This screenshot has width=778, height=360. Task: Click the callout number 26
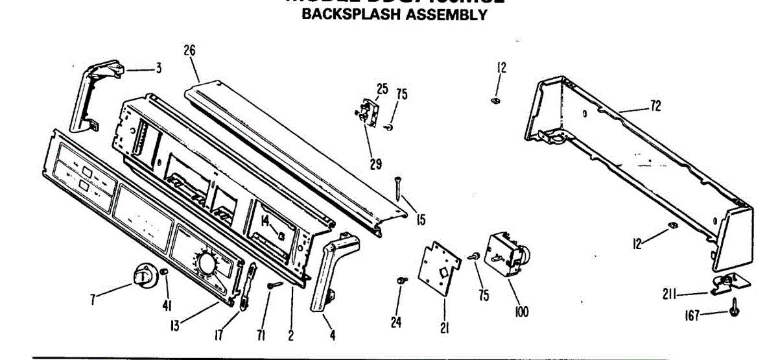coord(190,51)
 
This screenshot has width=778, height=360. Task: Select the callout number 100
coord(521,313)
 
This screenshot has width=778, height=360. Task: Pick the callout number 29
coord(375,164)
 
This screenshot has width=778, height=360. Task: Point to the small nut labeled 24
coord(402,280)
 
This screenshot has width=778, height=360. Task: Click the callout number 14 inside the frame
coord(266,222)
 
